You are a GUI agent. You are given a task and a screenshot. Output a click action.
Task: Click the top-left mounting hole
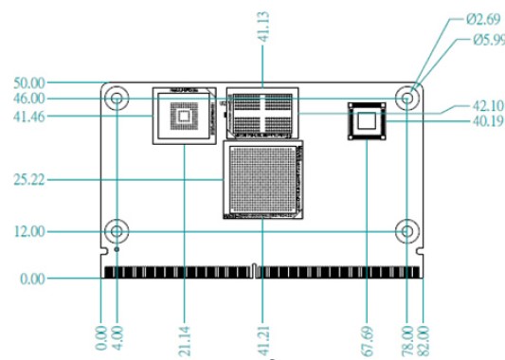click(x=117, y=99)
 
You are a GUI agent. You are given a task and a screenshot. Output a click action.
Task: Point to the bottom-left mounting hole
click(x=117, y=231)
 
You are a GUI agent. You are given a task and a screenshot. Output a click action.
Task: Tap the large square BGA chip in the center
click(x=264, y=180)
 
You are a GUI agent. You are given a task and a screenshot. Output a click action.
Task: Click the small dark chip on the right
click(x=367, y=120)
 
